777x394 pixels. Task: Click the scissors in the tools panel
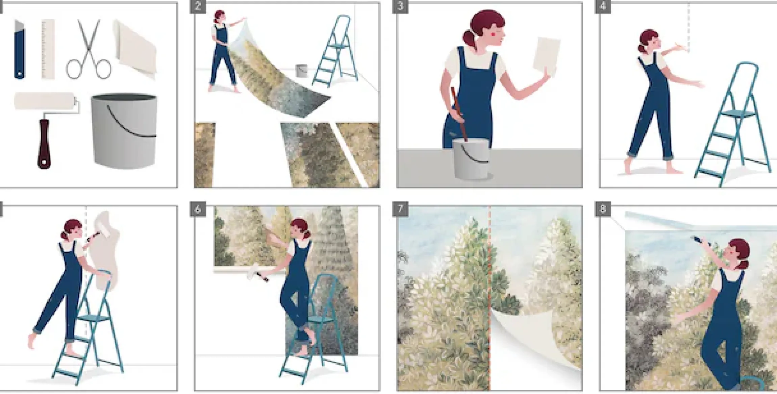(x=89, y=51)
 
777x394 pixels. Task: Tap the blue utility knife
(x=20, y=49)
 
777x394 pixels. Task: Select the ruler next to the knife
(x=48, y=49)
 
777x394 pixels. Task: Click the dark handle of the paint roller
(x=44, y=144)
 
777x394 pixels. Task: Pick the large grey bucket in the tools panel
(x=124, y=131)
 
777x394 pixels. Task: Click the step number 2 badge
(x=198, y=7)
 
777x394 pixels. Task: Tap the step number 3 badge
(x=400, y=7)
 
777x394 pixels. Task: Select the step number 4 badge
(x=603, y=7)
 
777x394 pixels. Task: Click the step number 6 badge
(x=198, y=210)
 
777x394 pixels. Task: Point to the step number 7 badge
(x=400, y=210)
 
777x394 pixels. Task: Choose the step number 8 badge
(x=603, y=210)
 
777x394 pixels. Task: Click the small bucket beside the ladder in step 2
(x=301, y=71)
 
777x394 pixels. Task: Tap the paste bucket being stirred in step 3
(x=471, y=159)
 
